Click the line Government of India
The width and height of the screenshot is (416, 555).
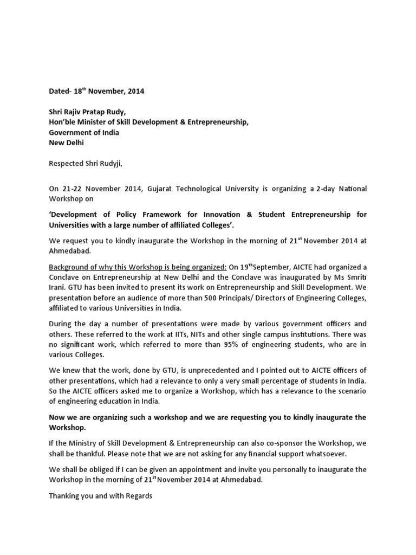click(x=84, y=133)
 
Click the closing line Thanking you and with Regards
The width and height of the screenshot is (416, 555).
click(x=101, y=495)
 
